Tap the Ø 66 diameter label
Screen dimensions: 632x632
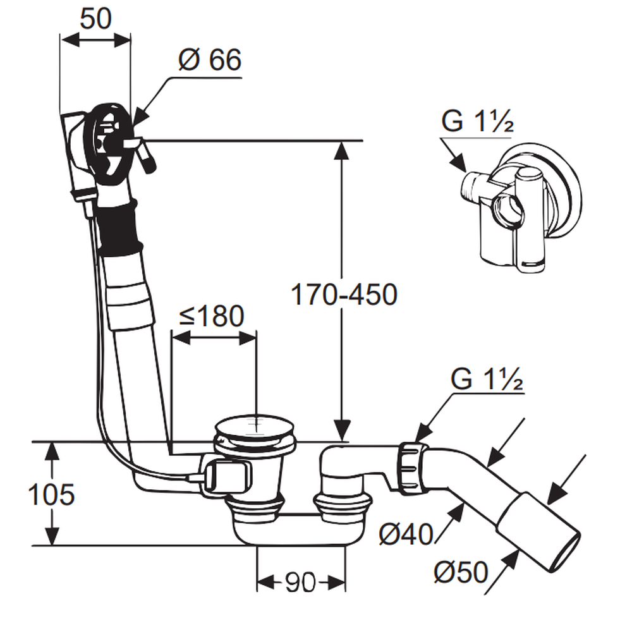pos(209,61)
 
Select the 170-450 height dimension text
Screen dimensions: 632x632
pos(343,295)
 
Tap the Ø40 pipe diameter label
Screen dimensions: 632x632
pos(405,535)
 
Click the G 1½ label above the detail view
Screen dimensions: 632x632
pos(477,121)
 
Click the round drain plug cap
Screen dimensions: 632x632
pos(256,427)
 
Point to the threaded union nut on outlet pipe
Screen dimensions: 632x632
pos(411,468)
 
